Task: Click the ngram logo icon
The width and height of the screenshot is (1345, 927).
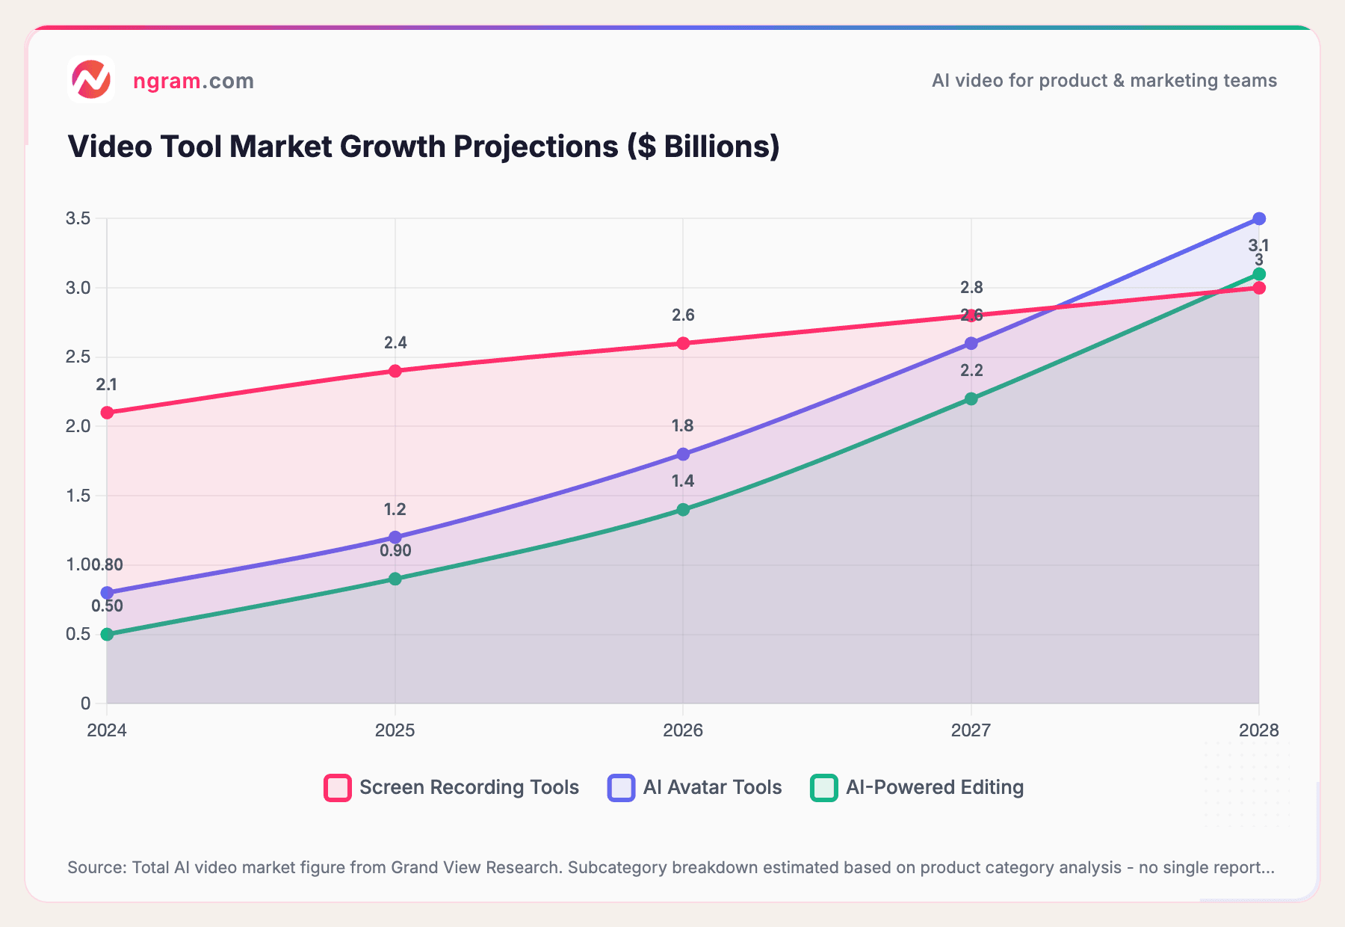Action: point(90,79)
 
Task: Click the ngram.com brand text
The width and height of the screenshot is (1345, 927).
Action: point(194,81)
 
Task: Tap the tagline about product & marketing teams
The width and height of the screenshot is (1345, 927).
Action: point(1104,81)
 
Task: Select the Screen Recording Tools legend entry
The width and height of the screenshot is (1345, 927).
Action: point(452,787)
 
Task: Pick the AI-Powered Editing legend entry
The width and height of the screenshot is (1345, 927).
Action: point(917,787)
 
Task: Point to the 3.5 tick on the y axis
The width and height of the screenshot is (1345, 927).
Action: point(78,219)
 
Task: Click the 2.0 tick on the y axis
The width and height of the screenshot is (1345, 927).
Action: point(78,427)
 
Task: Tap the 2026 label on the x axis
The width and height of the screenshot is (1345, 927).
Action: point(683,730)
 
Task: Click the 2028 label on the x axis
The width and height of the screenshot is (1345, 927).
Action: point(1258,730)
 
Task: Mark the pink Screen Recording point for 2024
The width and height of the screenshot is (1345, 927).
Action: point(107,413)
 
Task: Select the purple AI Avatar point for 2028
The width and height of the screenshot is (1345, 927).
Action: point(1259,219)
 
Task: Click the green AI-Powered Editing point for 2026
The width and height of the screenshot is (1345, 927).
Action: point(683,510)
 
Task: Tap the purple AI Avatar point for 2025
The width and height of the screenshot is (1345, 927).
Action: point(395,538)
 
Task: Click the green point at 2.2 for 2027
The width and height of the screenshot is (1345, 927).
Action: point(971,399)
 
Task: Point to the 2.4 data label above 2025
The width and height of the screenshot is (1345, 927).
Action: point(395,343)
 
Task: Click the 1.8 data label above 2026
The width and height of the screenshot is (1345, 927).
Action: point(682,426)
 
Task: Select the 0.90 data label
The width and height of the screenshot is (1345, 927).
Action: point(395,551)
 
